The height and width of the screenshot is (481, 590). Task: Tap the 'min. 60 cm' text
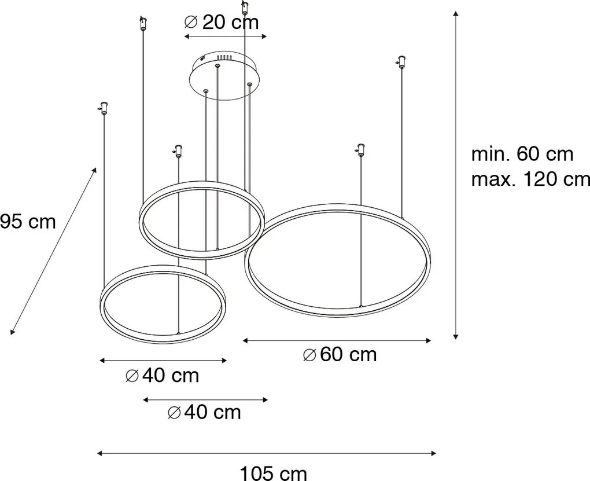pos(522,154)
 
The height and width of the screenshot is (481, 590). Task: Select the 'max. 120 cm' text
pos(530,179)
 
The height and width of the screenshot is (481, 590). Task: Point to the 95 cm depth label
pos(28,221)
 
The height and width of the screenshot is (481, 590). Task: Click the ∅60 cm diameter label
pos(340,354)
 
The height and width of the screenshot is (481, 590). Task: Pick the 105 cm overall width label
pos(273,473)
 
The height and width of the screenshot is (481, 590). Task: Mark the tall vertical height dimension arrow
pos(456,174)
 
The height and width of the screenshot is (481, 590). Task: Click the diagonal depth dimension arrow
pos(53,250)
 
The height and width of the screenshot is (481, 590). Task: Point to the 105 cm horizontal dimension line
pos(267,453)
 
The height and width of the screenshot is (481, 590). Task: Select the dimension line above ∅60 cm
pos(337,341)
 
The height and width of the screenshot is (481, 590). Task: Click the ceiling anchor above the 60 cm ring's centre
pos(361,150)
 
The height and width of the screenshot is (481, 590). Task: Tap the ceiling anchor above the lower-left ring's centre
pos(178,151)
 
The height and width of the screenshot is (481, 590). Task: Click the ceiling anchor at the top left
pos(142,24)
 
